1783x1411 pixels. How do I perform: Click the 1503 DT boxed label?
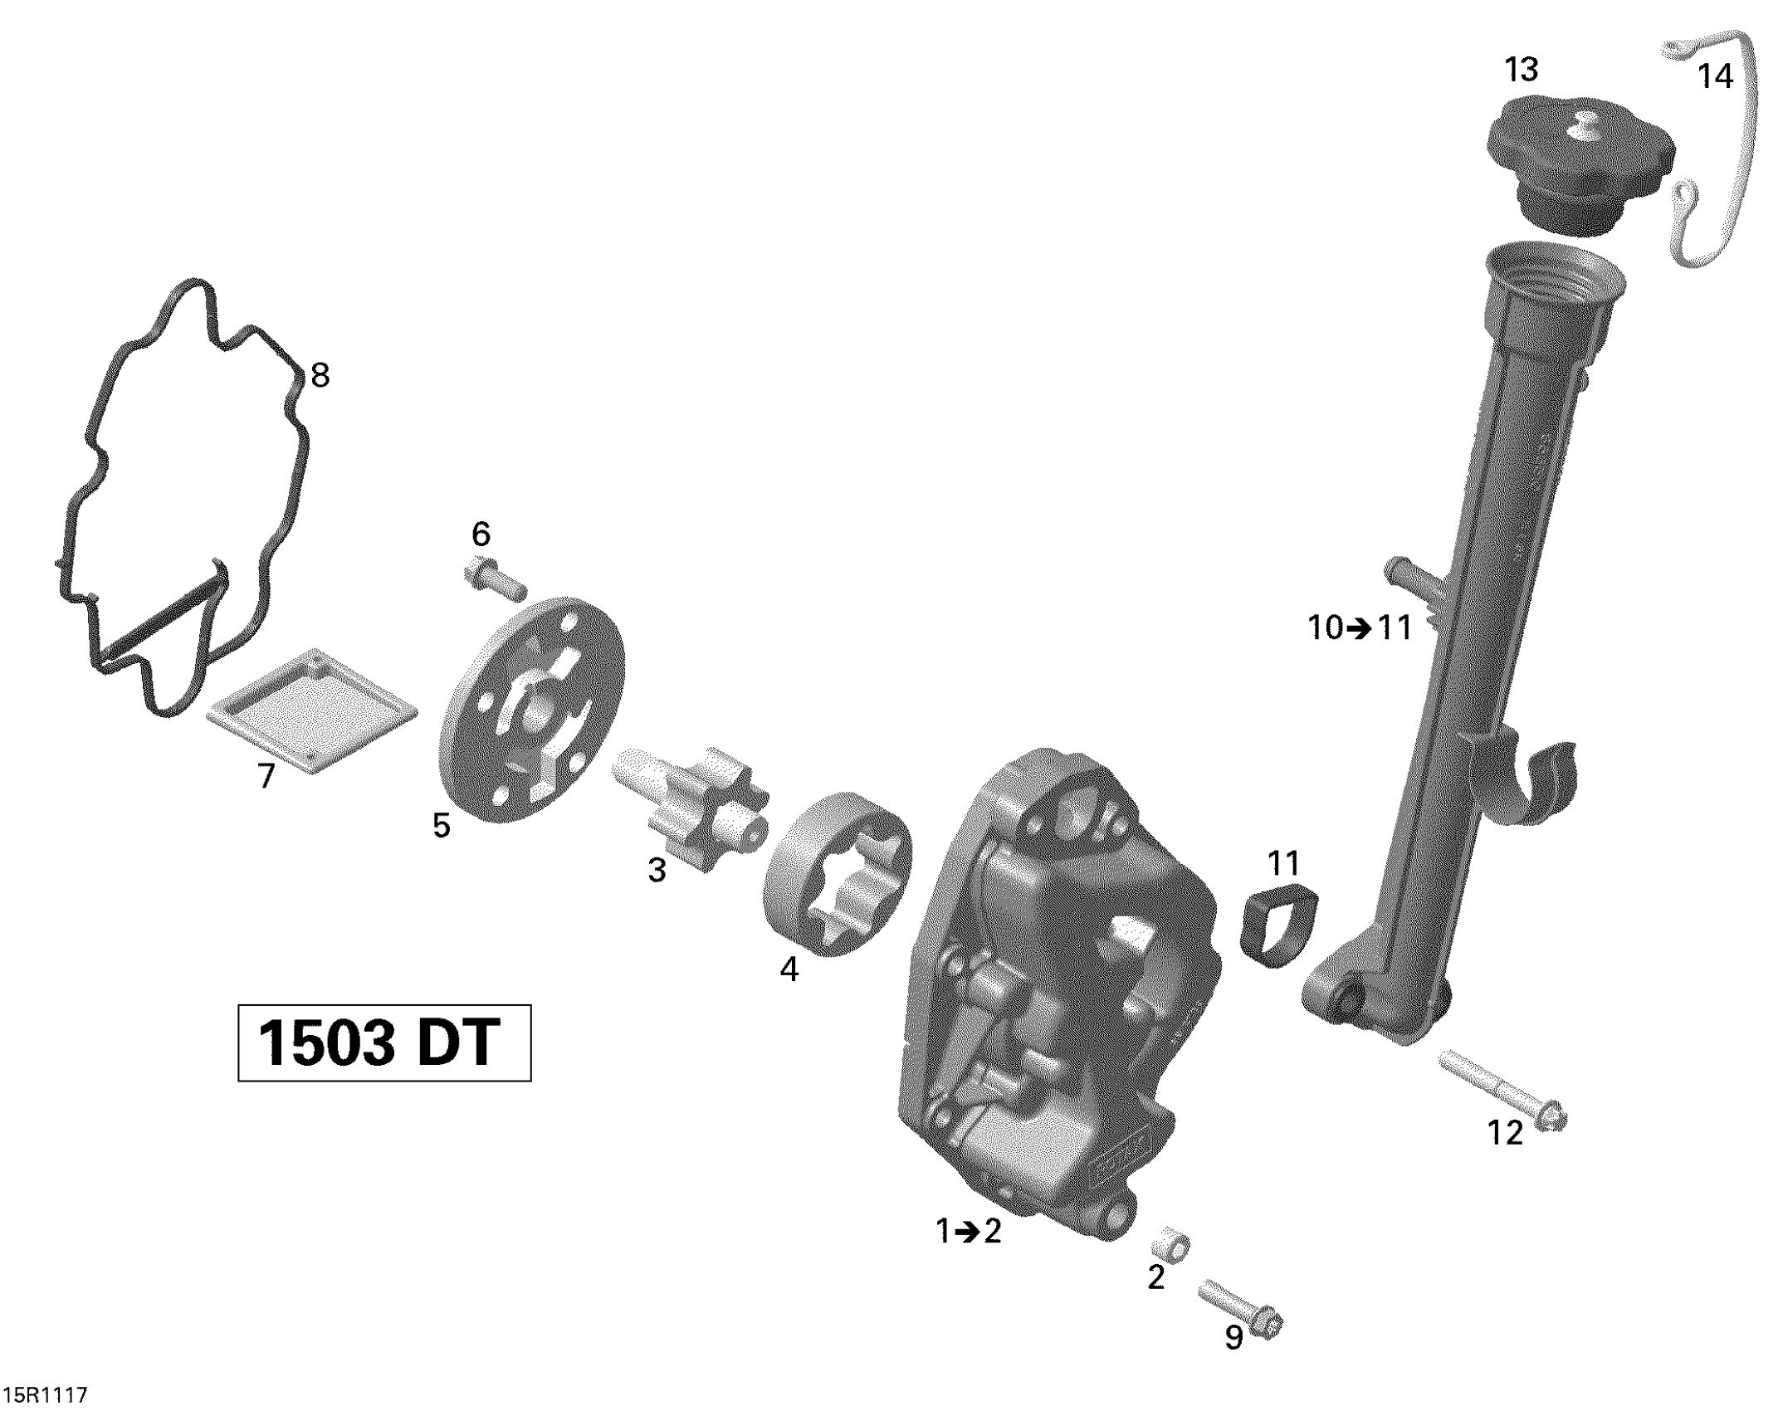click(x=384, y=1042)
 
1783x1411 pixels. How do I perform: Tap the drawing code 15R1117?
click(x=46, y=1395)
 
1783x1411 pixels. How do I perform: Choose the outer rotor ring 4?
click(x=838, y=875)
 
